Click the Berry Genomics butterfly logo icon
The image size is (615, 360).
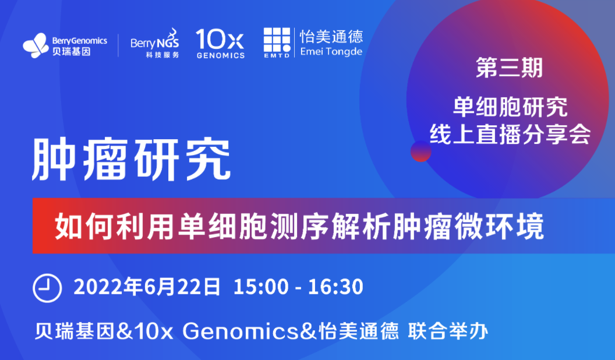36,45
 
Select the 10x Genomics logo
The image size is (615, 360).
220,44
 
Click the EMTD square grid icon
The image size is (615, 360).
277,40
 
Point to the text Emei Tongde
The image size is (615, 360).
331,52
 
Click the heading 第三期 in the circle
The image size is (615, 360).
510,68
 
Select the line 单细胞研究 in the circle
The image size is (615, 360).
510,107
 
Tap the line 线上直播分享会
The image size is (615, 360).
510,134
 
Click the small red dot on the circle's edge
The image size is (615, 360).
421,151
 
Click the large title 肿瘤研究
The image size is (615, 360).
132,160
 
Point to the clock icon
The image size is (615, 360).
47,288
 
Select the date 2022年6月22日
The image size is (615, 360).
147,287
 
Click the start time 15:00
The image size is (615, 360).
261,287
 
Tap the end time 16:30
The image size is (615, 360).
335,287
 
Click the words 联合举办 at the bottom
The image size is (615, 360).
448,332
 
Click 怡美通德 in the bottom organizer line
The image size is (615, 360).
359,332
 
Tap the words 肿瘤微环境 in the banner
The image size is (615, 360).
468,226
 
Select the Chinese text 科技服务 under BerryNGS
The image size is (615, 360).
162,55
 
